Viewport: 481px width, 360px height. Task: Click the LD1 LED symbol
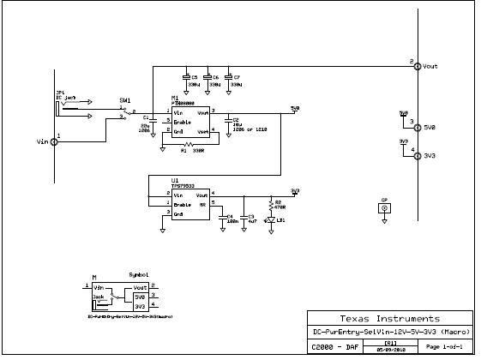tap(272, 220)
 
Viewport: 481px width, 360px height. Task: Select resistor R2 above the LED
tap(272, 205)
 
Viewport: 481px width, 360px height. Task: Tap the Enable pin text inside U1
tap(183, 205)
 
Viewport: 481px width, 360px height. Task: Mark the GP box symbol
tap(384, 207)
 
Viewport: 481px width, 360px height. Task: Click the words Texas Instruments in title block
tap(389, 318)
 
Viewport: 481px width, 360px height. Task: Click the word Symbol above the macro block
tap(138, 275)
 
